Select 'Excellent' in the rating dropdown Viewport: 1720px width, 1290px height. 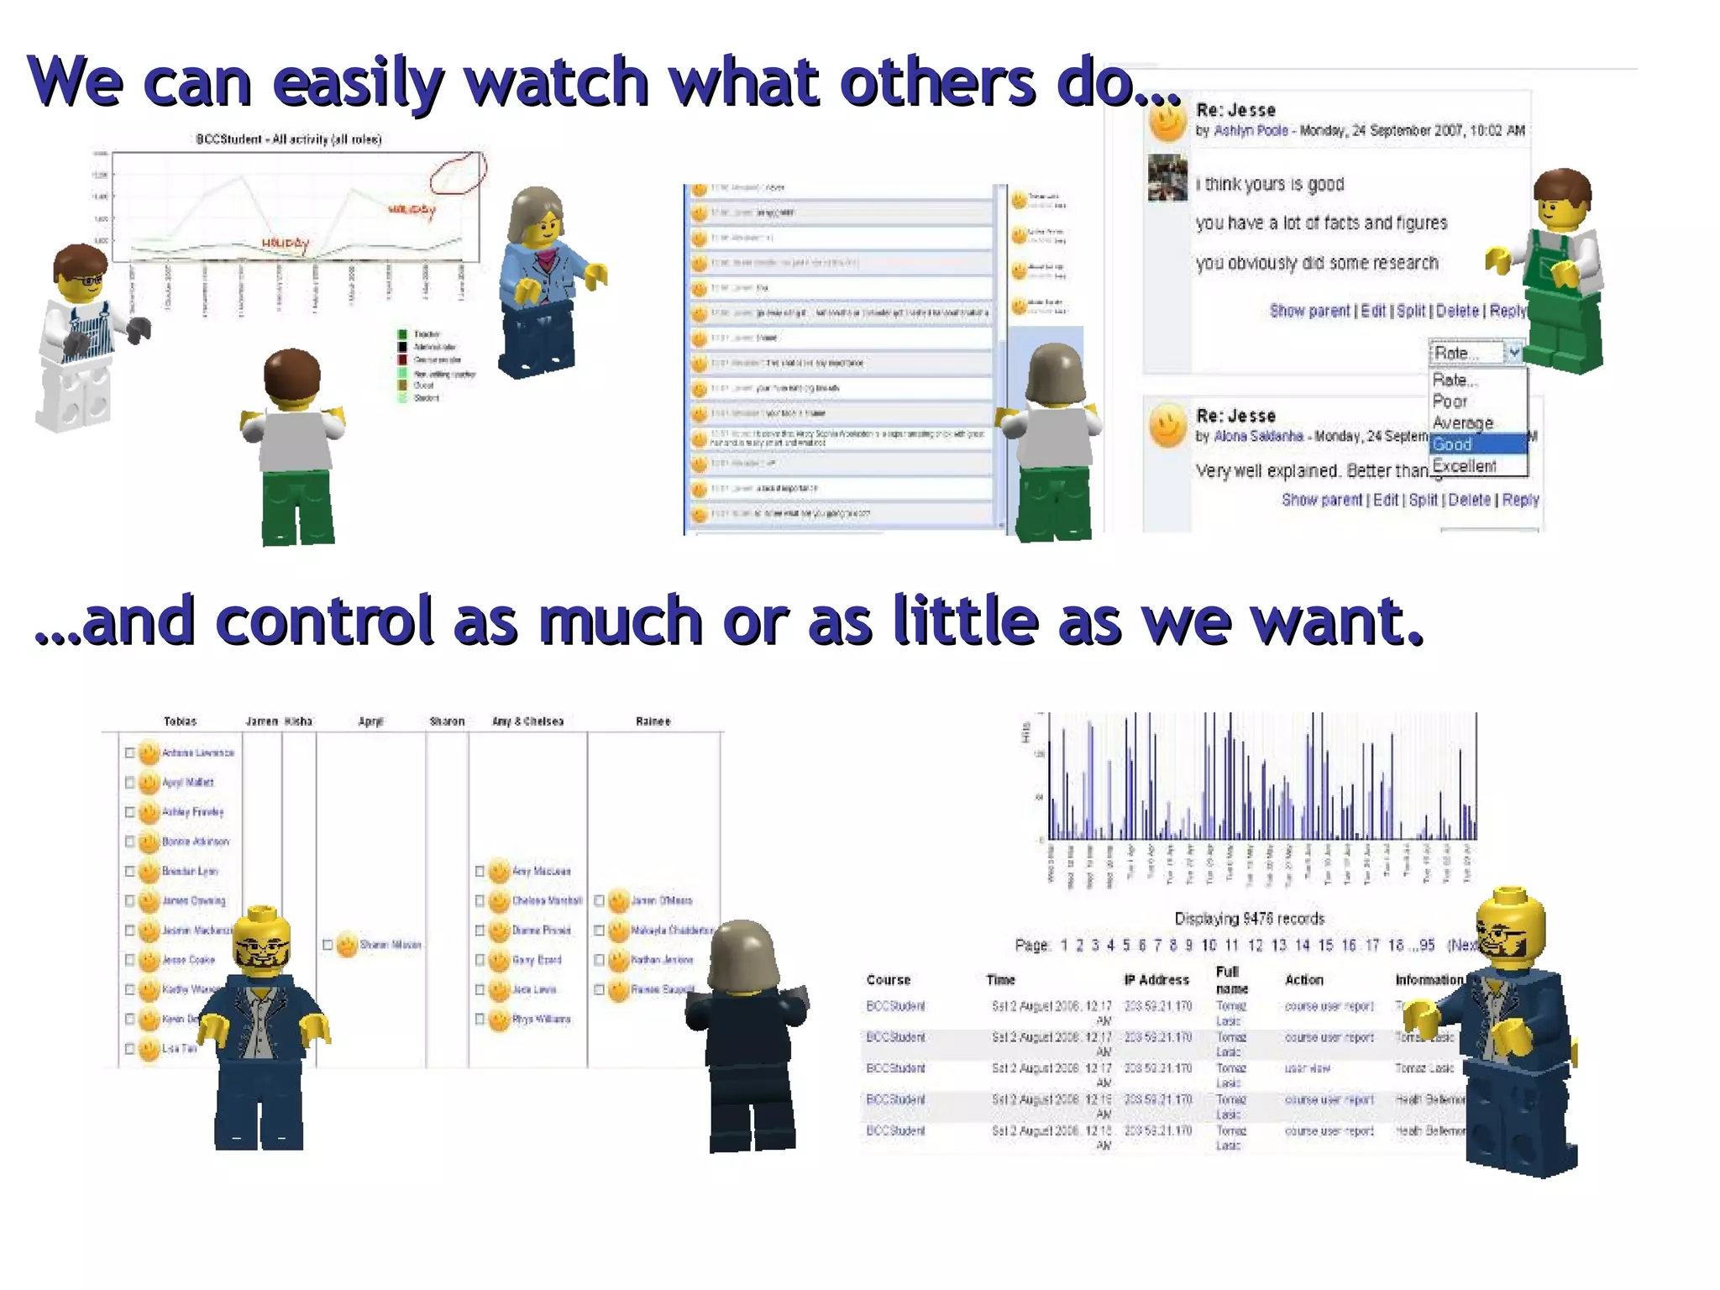tap(1464, 466)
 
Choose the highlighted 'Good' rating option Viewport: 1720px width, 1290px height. tap(1452, 444)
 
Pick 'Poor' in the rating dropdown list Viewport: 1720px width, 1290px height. tap(1450, 401)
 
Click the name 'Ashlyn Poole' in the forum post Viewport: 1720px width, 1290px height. tap(1251, 130)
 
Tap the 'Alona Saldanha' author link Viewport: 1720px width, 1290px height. tap(1258, 436)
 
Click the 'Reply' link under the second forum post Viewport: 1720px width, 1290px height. tap(1520, 500)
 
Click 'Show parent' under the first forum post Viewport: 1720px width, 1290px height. tap(1309, 311)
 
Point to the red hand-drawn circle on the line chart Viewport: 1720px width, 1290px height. tap(458, 173)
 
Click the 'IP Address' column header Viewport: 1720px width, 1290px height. tap(1156, 980)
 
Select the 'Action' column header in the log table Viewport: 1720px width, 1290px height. tap(1303, 980)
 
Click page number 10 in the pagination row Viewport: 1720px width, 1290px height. tap(1209, 946)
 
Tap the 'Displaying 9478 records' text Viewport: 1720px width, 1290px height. tap(1249, 919)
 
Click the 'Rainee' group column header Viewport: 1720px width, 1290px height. tap(653, 721)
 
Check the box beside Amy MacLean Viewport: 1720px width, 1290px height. tap(480, 872)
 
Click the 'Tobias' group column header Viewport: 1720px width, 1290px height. tap(180, 721)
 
